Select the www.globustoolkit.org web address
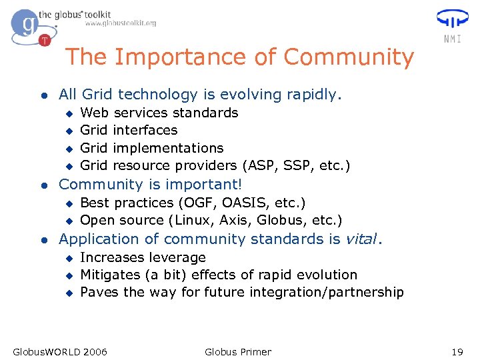point(121,23)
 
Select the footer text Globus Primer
point(238,351)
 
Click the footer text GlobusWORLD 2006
point(60,351)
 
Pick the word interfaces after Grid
point(145,130)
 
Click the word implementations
point(168,148)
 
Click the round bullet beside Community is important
point(43,185)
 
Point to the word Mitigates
point(110,275)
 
